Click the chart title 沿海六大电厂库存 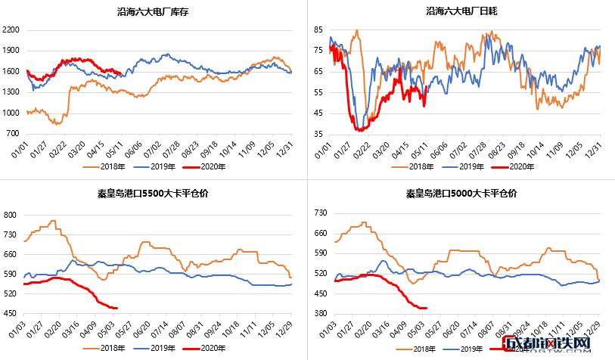click(154, 11)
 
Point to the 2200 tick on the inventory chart click(11, 30)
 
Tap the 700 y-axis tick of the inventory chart click(14, 134)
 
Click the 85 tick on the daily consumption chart click(318, 29)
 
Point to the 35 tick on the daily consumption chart click(318, 134)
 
